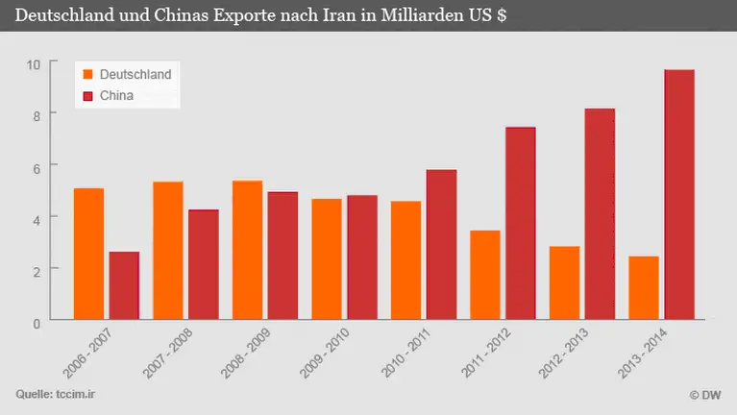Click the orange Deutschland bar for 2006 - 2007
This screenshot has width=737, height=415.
click(88, 253)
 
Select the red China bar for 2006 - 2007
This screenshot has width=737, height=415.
click(124, 284)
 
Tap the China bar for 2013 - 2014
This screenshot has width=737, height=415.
click(679, 193)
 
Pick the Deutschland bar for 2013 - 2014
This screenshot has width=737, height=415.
click(644, 286)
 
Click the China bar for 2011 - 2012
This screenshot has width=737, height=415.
click(521, 222)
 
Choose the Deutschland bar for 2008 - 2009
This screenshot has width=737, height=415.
click(247, 249)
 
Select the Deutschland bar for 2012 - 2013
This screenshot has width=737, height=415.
click(564, 281)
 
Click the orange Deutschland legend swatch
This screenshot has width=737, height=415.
click(88, 74)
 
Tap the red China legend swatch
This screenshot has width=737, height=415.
click(88, 95)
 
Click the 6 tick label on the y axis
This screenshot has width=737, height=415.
click(37, 167)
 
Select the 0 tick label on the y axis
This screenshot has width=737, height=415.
click(37, 323)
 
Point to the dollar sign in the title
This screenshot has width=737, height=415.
click(503, 16)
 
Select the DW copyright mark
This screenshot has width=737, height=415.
click(705, 395)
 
